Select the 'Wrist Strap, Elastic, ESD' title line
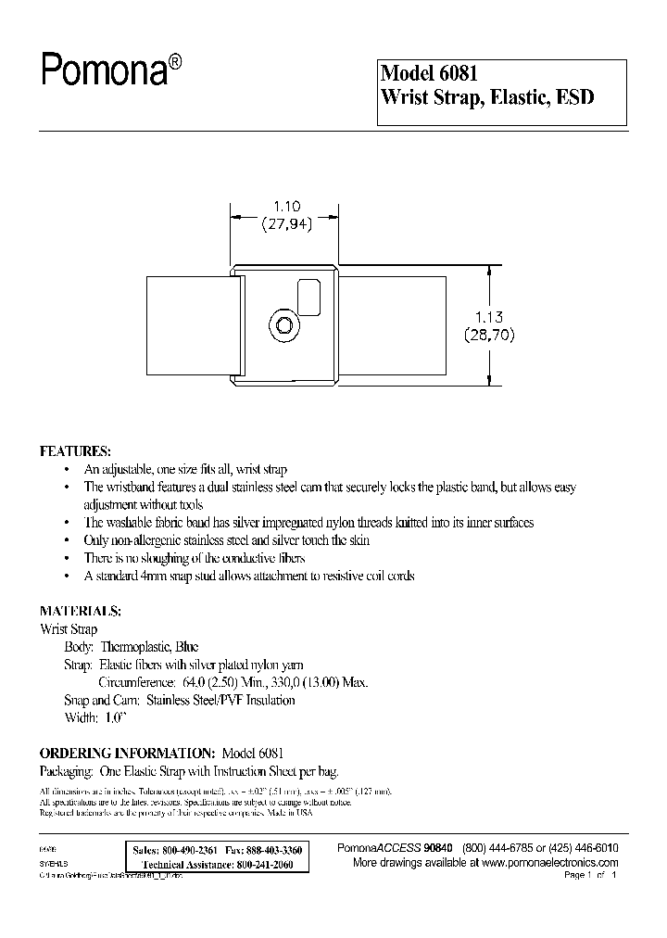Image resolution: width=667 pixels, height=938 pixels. [486, 97]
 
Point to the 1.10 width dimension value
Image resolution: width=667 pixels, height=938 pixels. [285, 208]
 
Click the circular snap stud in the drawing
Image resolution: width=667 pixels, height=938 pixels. [283, 325]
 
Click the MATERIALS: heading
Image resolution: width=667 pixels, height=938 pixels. [80, 612]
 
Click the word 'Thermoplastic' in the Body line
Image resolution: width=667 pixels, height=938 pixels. [134, 646]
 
